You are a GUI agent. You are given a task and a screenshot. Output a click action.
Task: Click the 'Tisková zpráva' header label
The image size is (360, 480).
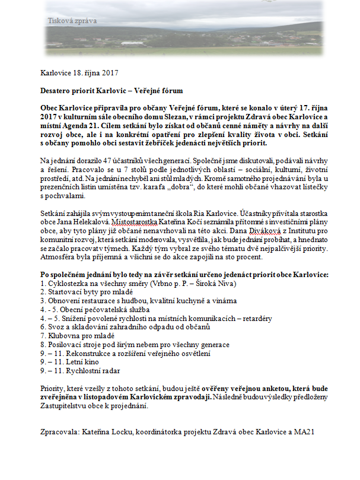(73, 21)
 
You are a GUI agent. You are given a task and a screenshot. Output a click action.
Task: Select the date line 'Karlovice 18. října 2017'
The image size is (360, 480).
(79, 74)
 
